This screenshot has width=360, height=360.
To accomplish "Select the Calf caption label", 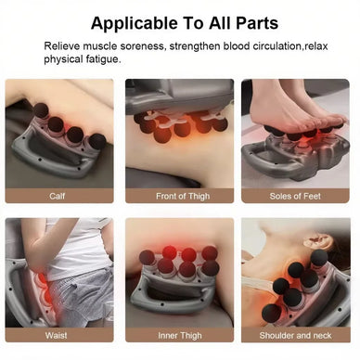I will [x=58, y=196].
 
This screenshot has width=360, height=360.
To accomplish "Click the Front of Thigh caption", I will [x=178, y=196].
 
